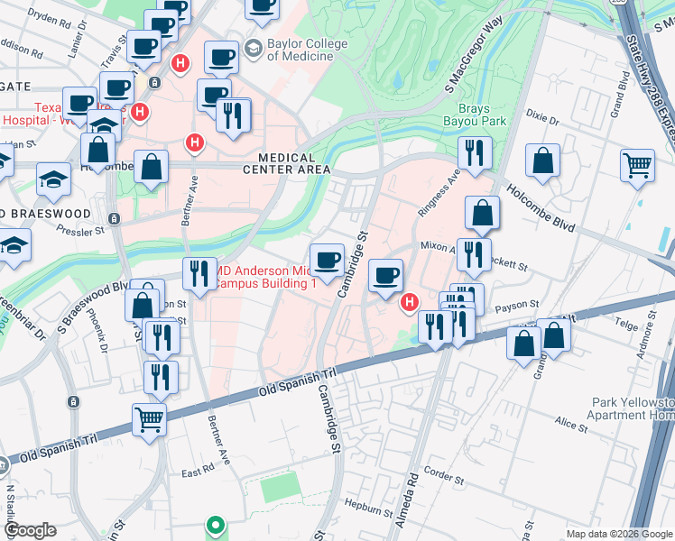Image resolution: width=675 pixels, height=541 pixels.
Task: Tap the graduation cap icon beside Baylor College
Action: click(x=254, y=47)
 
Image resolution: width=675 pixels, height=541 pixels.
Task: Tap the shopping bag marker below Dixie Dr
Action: click(x=544, y=162)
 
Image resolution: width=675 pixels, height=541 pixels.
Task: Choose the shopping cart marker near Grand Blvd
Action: click(x=637, y=166)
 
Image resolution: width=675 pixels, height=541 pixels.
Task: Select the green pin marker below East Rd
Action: click(x=215, y=524)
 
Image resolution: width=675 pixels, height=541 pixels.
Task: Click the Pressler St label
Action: click(x=81, y=230)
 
